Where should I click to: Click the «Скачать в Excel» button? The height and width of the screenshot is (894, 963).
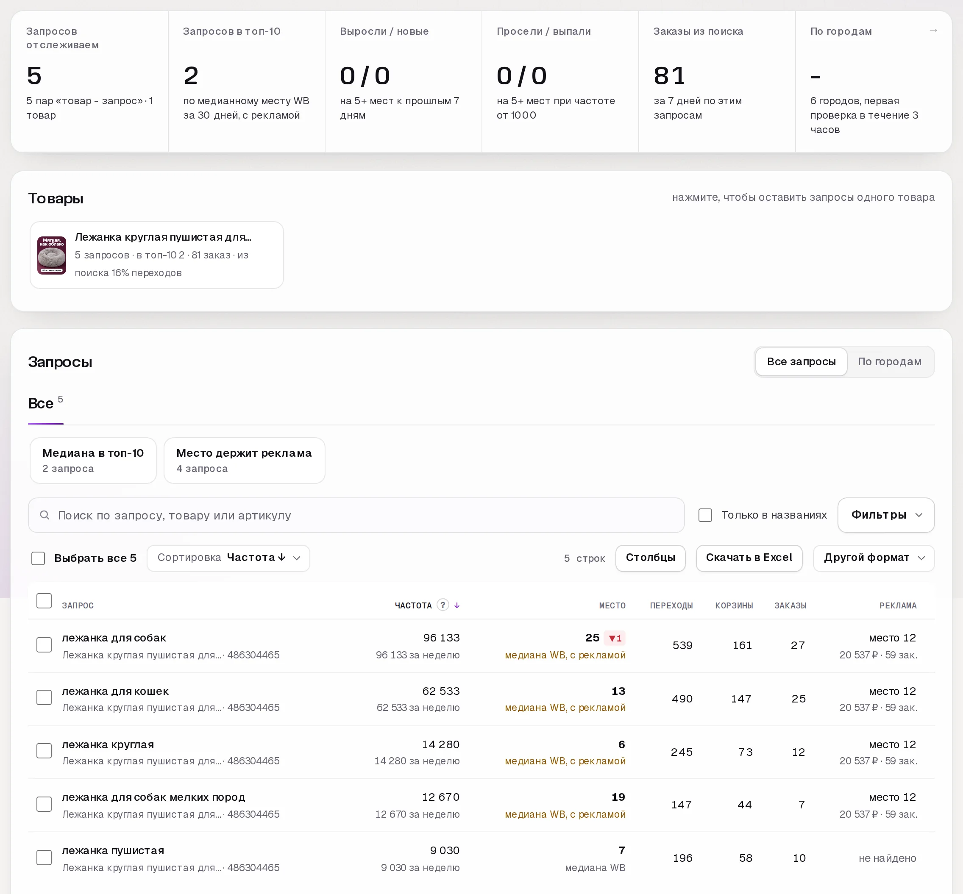click(749, 558)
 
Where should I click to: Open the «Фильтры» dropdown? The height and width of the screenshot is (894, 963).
click(885, 515)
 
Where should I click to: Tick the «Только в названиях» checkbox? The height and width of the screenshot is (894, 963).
click(705, 515)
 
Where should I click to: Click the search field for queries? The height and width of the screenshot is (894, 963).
click(356, 515)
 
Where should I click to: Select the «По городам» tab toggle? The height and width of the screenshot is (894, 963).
click(889, 362)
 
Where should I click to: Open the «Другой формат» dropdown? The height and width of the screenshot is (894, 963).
click(874, 558)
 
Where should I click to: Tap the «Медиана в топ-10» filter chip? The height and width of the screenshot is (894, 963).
click(93, 461)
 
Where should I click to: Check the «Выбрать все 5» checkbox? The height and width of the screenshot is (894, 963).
click(38, 558)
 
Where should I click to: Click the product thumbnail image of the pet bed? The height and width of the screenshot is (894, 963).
click(52, 255)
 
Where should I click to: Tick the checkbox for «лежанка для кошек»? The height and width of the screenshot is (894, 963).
click(44, 697)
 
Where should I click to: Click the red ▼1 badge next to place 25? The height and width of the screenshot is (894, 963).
click(615, 638)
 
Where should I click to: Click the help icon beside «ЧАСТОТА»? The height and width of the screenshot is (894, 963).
click(443, 605)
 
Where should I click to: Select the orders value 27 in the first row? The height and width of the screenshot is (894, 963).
click(798, 645)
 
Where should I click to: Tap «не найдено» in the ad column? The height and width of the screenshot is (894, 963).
click(887, 858)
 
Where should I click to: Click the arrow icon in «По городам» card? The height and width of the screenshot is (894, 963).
click(933, 31)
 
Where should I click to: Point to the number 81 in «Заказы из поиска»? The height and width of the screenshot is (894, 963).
click(669, 76)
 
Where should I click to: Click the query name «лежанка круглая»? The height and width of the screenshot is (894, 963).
click(108, 744)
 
